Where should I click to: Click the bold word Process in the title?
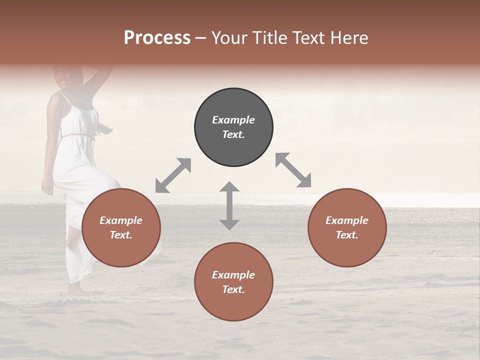click(157, 38)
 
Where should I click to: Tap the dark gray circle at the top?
click(233, 127)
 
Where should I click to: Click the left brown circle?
click(121, 228)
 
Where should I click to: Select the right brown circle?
click(347, 228)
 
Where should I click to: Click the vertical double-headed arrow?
click(229, 205)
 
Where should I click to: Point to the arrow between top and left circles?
click(173, 175)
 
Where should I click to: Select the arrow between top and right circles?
click(293, 170)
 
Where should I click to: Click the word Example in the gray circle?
click(233, 120)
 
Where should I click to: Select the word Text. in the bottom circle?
click(233, 289)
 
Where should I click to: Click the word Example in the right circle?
click(347, 220)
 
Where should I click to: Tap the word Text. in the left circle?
click(121, 235)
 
